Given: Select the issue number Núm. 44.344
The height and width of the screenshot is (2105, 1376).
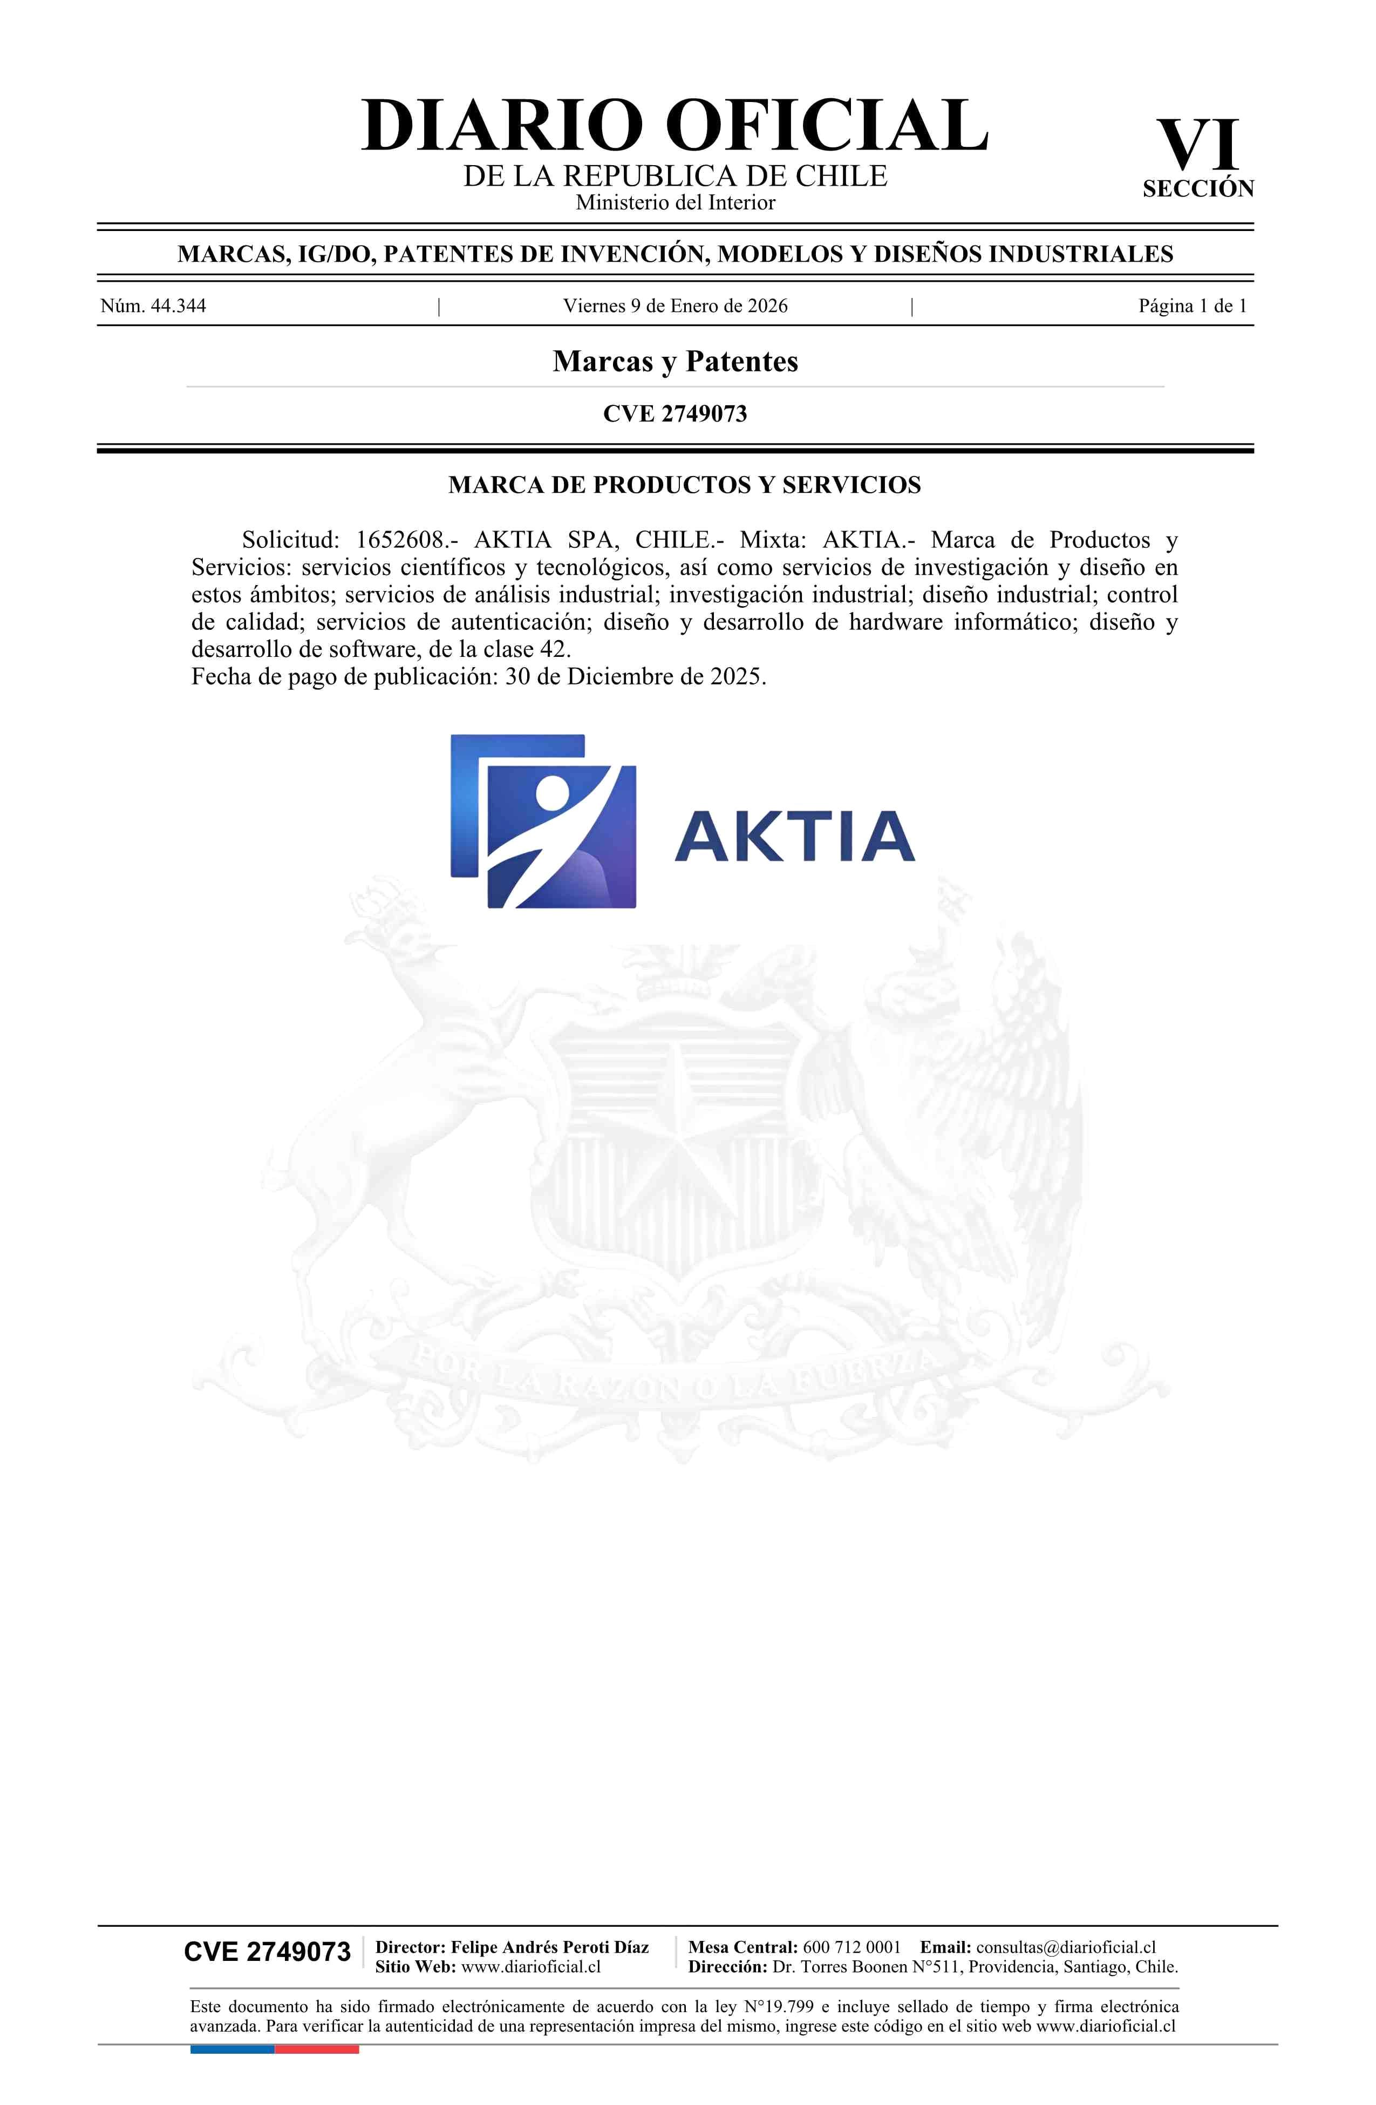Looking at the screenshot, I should point(153,306).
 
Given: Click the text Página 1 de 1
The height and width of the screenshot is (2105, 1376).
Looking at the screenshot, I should point(1192,306).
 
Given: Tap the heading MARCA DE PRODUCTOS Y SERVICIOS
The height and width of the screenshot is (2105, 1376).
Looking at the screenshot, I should point(684,485).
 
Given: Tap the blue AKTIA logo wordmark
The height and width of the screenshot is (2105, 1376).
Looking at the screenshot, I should point(794,836).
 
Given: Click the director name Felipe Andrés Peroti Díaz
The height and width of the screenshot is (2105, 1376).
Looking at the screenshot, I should point(549,1947).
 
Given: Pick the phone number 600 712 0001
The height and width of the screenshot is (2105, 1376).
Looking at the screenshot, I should point(851,1947).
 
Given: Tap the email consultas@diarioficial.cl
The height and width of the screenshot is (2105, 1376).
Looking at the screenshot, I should point(1066,1947).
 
